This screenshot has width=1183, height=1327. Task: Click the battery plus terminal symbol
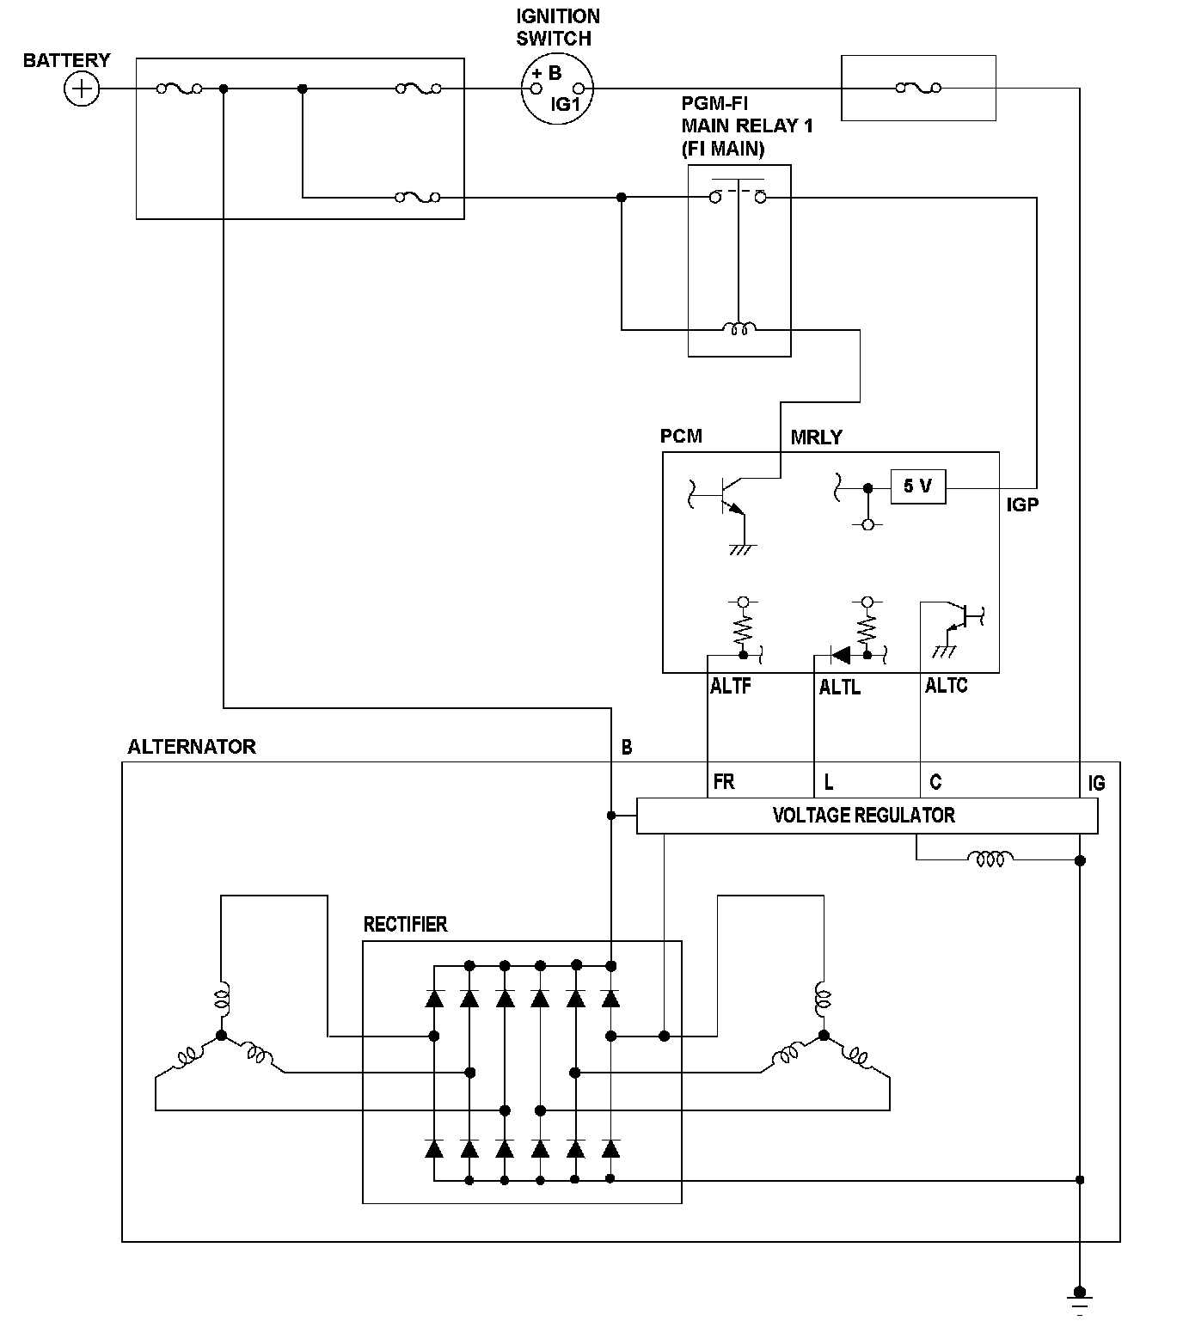pos(82,89)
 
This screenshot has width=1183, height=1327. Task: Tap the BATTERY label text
pos(67,60)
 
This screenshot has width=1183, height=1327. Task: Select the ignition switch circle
pos(557,89)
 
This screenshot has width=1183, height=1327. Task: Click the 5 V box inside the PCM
pos(917,486)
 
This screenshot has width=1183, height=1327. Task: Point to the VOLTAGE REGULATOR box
pos(867,816)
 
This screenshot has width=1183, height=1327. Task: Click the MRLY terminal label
pos(816,437)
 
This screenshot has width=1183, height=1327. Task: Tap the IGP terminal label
pos(1022,505)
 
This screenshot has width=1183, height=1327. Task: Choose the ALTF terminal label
pos(730,686)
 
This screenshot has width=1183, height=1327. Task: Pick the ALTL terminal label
pos(840,687)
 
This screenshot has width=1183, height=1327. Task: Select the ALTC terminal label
pos(946,685)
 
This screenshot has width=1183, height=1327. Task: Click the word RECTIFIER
pos(405,924)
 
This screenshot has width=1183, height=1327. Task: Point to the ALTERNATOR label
pos(192,747)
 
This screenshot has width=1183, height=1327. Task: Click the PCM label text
pos(681,437)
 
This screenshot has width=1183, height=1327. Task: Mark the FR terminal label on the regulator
pos(724,781)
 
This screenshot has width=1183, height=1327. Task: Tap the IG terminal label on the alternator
pos(1096,783)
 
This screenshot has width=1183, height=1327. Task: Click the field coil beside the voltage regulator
pos(990,858)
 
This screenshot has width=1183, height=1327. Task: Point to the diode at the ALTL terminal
pos(840,654)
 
